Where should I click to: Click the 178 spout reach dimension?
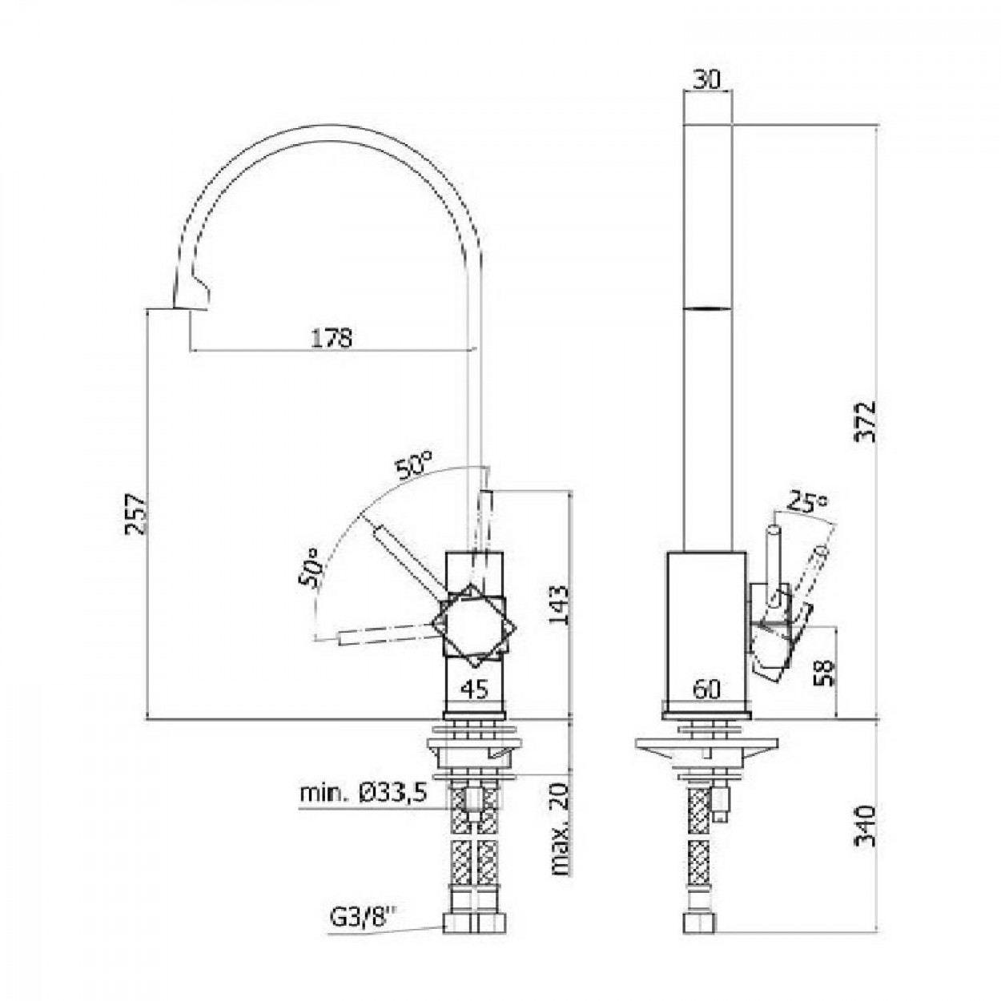[332, 338]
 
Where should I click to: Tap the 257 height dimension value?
[136, 514]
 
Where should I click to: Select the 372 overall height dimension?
[866, 420]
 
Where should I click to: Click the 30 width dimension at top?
[707, 80]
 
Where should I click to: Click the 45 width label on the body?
[475, 689]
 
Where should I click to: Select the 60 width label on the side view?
[707, 689]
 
